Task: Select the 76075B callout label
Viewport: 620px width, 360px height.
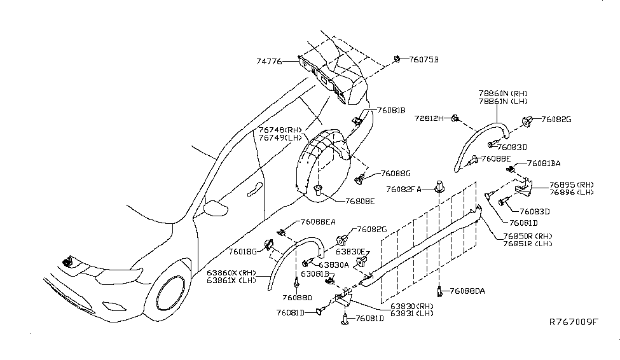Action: click(423, 60)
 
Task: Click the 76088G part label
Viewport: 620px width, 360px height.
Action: click(396, 173)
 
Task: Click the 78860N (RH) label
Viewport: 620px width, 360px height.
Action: click(504, 92)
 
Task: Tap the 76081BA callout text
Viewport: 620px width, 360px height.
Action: click(542, 163)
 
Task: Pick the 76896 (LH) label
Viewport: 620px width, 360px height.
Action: click(553, 191)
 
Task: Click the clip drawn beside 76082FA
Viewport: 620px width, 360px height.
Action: click(439, 186)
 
